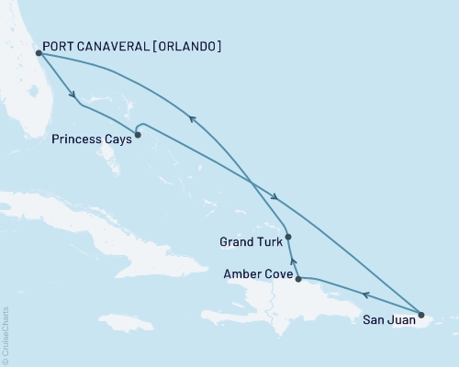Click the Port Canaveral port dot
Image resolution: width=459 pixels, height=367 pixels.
pos(39,53)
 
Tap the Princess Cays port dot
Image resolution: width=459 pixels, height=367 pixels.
pos(138,136)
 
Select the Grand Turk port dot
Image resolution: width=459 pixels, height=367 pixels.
pos(289,237)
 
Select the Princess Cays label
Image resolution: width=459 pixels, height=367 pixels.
pos(89,139)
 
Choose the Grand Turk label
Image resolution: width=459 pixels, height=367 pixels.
pos(251,242)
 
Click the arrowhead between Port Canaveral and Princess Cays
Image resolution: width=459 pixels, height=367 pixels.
pos(73,95)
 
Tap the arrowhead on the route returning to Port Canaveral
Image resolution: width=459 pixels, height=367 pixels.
pos(192,117)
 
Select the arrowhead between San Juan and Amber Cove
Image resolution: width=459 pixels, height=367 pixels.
pos(365,295)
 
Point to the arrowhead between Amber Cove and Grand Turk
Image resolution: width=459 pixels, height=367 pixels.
pos(293,261)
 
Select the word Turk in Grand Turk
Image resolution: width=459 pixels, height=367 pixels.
pos(267,242)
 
